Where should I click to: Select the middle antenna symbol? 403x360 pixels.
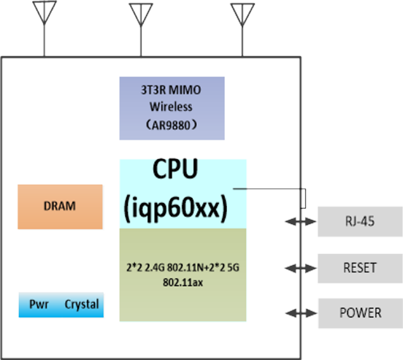[141, 15]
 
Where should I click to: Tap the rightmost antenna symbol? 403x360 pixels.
[242, 15]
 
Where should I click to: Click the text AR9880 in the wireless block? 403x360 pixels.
[171, 126]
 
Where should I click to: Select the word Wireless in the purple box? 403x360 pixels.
[171, 107]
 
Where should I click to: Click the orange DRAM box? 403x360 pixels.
[60, 207]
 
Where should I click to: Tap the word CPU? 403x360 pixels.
[175, 169]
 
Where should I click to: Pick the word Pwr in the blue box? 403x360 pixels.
[39, 305]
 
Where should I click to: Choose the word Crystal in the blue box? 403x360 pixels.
[82, 305]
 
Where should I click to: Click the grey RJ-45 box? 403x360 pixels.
[360, 221]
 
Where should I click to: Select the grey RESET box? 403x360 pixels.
[360, 268]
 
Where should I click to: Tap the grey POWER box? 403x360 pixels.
[361, 313]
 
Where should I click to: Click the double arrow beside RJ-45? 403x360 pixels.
[301, 221]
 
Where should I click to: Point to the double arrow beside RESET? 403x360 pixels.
[301, 268]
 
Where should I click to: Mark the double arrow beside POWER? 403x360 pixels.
[301, 313]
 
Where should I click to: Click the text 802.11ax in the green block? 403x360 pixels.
[183, 283]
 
